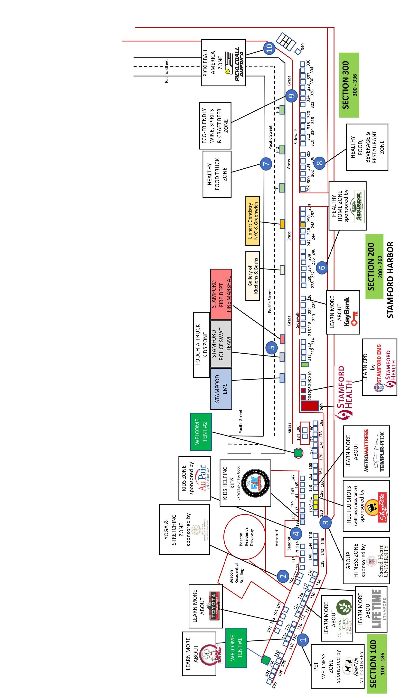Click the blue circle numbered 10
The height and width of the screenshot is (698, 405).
pos(270,48)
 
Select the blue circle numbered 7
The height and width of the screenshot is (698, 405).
pos(266,163)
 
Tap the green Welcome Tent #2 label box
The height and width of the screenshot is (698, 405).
pos(201,432)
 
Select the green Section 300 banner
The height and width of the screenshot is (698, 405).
pos(349,85)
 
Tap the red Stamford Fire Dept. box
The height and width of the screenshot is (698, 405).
pos(221,294)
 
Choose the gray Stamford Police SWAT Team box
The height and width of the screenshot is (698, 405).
pos(221,344)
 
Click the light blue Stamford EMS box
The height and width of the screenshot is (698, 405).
pos(221,389)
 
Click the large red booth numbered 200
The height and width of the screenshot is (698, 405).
pos(309,406)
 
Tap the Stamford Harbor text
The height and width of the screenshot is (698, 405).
pos(390,280)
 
